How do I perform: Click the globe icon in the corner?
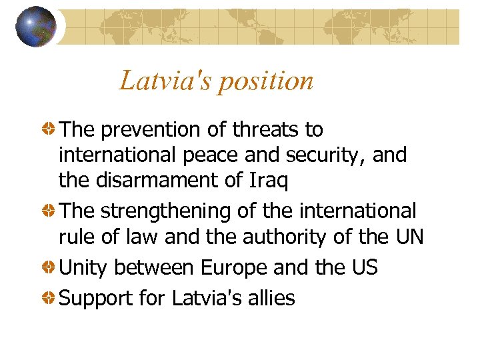pos(36,27)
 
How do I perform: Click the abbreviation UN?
pos(407,237)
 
